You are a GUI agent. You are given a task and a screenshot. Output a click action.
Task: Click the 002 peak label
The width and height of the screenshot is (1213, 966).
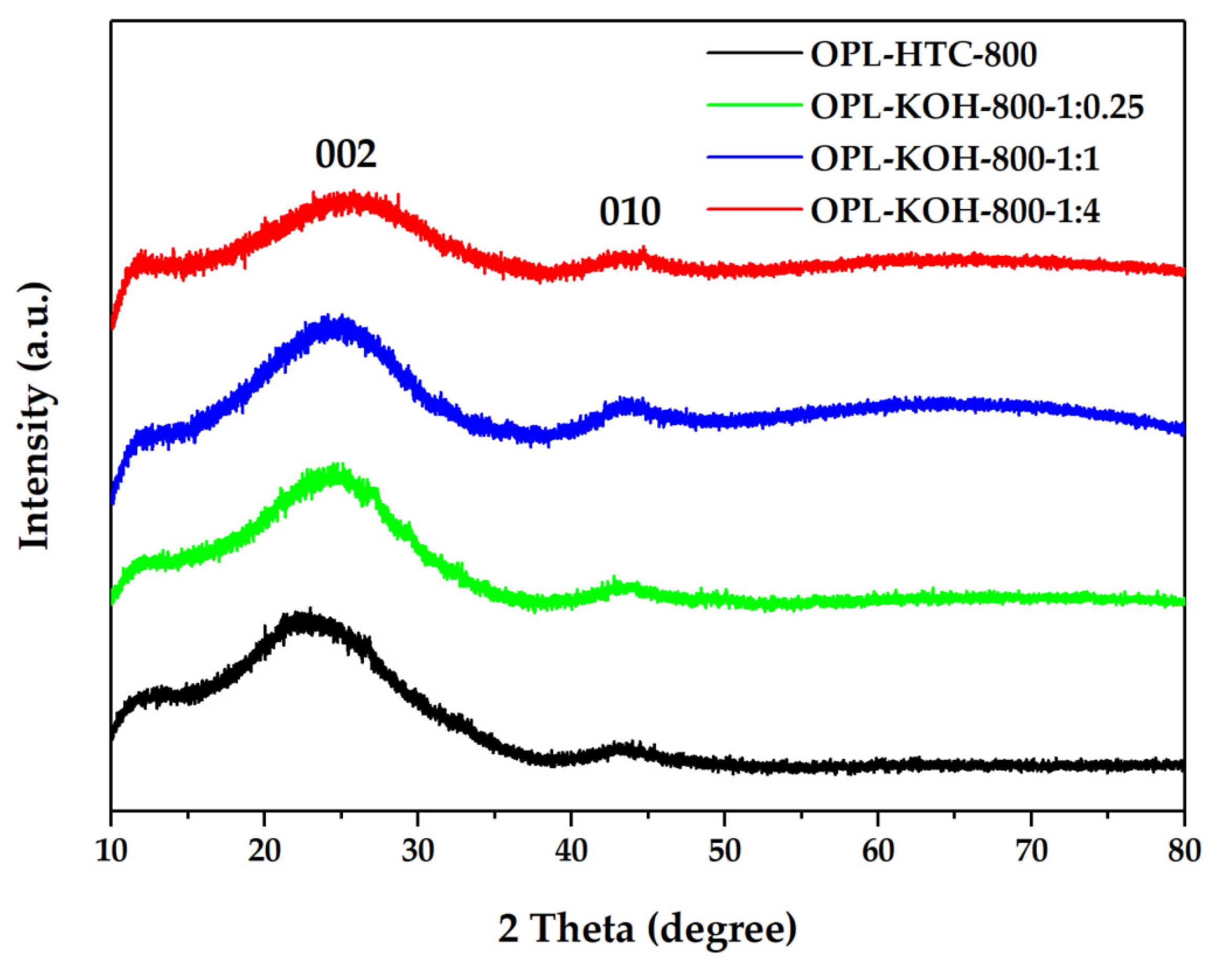346,154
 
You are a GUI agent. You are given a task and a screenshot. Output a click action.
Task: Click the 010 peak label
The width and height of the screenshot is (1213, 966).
629,213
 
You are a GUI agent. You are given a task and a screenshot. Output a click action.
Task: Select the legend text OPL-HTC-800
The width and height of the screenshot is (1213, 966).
923,55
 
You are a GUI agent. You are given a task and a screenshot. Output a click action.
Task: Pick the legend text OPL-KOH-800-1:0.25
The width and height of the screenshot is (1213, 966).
976,107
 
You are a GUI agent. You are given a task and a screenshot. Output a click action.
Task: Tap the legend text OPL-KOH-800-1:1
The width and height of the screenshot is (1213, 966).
955,159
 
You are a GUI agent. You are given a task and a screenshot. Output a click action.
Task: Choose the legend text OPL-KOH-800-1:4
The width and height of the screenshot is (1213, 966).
955,211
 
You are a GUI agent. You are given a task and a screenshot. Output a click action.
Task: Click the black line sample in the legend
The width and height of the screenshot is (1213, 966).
754,53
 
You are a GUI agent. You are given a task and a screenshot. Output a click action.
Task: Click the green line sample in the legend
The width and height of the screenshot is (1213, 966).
754,105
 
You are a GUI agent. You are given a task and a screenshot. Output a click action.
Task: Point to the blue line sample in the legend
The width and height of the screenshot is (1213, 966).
754,157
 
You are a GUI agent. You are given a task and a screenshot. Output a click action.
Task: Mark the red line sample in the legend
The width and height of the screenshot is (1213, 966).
754,209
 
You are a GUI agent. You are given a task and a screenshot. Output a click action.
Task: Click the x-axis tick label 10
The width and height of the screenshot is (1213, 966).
111,850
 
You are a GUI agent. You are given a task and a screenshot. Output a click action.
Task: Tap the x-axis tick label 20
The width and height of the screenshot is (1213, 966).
264,850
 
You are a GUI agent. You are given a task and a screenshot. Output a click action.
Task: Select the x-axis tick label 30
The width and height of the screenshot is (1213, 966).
418,850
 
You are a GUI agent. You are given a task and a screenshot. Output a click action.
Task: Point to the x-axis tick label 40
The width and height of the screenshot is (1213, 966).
571,850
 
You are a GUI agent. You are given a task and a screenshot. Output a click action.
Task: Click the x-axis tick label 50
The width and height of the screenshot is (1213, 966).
725,850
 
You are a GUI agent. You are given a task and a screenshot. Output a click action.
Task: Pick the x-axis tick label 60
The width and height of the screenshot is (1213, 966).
878,850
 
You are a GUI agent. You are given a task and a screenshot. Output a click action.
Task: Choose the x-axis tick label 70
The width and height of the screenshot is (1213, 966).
1031,850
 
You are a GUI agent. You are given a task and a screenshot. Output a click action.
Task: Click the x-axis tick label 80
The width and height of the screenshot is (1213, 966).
1184,850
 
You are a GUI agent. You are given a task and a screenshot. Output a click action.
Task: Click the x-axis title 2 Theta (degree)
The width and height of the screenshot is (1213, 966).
648,929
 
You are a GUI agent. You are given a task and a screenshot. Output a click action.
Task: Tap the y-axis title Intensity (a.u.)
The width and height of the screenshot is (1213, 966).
35,416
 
